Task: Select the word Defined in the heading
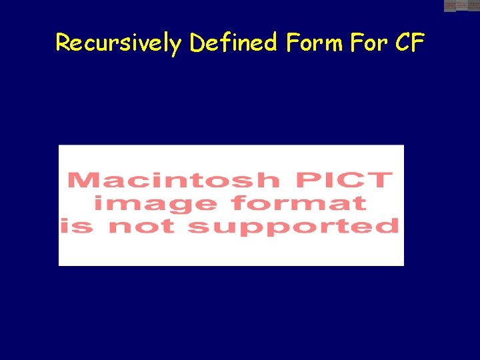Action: [233, 43]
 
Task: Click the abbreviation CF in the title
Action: [410, 43]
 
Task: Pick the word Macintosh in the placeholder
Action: [173, 180]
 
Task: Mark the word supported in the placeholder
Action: [293, 226]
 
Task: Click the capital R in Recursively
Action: [63, 43]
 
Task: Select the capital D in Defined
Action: [197, 43]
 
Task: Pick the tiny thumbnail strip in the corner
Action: [462, 6]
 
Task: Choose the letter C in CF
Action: [402, 43]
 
